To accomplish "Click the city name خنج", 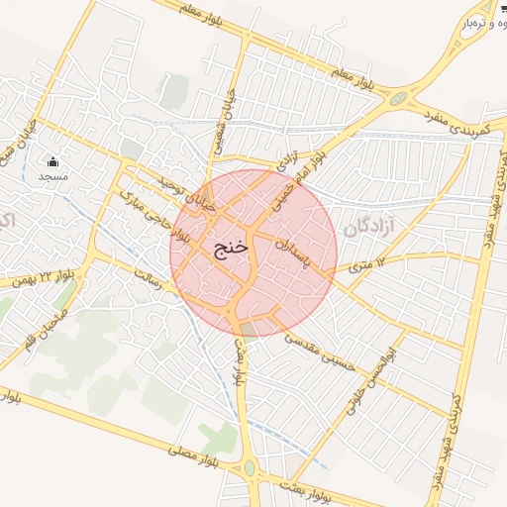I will click(227, 247).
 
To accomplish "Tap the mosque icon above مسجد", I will click(52, 161).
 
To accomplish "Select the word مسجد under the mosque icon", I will click(52, 176).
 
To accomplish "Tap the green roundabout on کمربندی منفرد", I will click(399, 99).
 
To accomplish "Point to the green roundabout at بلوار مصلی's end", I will click(249, 466).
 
